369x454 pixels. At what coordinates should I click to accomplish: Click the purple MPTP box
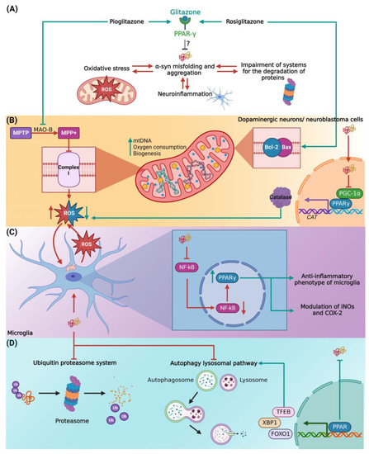coord(22,132)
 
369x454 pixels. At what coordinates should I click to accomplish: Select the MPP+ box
coord(76,132)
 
